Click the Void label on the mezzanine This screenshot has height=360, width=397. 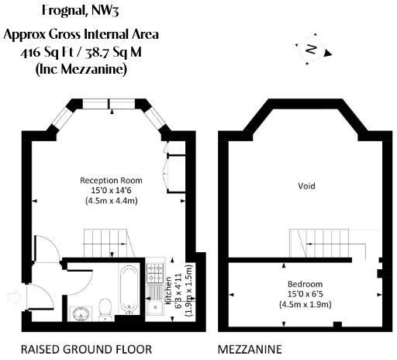click(x=306, y=186)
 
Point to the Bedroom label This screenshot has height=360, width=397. click(x=305, y=284)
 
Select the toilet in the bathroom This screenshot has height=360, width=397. click(x=105, y=308)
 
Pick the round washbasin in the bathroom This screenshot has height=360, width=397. click(x=79, y=312)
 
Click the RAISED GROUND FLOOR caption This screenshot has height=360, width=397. click(x=86, y=348)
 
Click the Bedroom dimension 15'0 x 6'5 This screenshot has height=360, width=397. click(x=305, y=294)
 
